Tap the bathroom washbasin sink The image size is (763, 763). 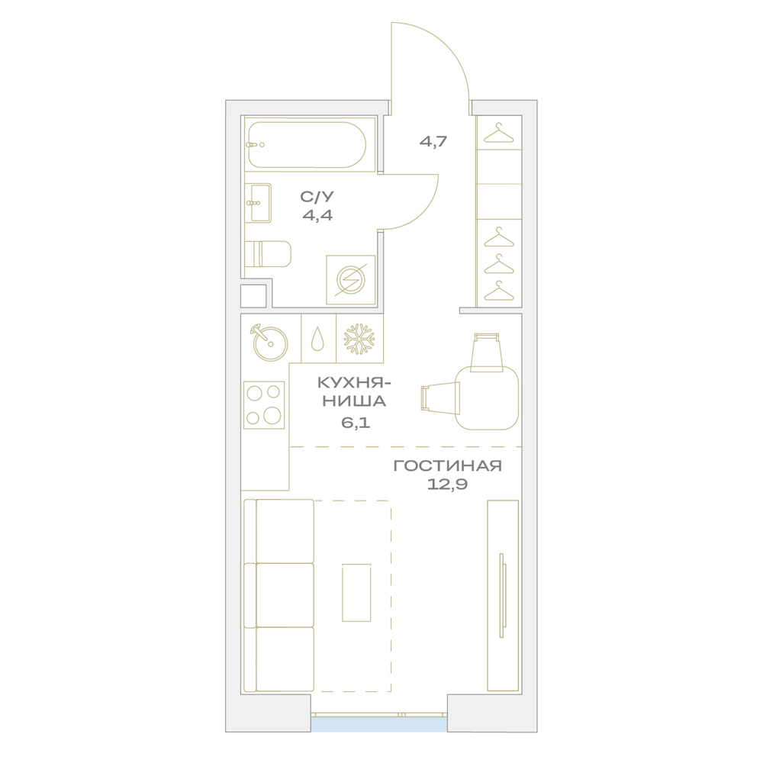coord(258,203)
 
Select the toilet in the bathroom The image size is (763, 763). coord(268,254)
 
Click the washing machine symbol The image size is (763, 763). coord(350,280)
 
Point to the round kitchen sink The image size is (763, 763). coord(270,343)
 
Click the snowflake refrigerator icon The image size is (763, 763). coord(359,339)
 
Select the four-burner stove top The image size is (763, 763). coord(264,405)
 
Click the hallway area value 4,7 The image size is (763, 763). coord(433,142)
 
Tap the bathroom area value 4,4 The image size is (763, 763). coord(317,214)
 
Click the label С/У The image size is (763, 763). coord(317,197)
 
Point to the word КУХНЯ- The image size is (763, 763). coord(354,383)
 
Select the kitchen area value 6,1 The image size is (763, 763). coord(356,422)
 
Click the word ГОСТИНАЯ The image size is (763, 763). coord(447,465)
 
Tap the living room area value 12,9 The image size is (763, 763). coord(447,485)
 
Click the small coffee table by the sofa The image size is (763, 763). coord(356,593)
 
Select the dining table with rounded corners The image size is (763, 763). coord(487,398)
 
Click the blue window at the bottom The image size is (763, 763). coord(379,724)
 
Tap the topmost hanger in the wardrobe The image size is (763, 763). coord(499,133)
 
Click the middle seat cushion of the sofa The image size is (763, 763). coord(285,595)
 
